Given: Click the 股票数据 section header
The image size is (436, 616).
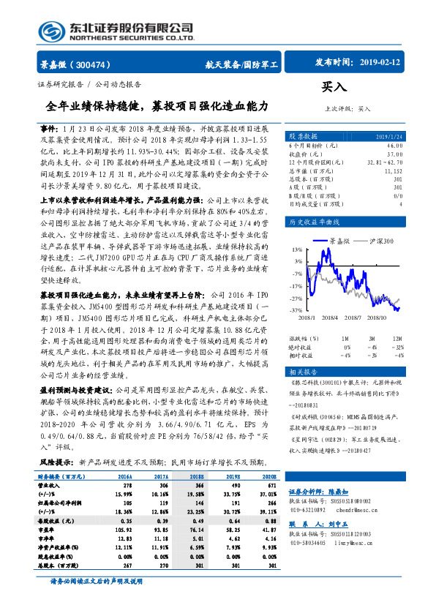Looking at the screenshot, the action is pos(303,137).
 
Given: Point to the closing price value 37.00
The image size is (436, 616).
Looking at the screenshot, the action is pos(394,154).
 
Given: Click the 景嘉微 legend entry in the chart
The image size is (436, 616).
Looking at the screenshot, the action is pos(340,240).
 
